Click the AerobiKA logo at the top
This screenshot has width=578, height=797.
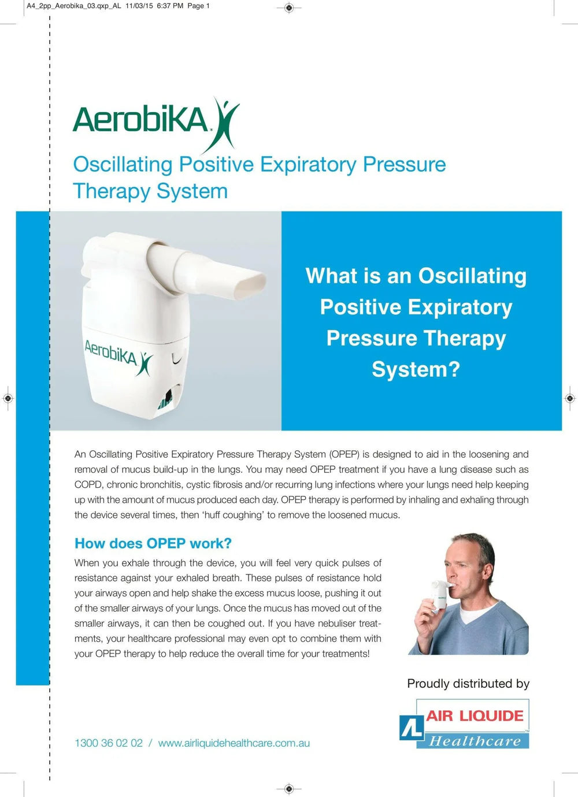pos(155,121)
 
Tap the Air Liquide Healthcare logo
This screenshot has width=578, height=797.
pos(464,725)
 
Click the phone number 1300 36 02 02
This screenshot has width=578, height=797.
pos(109,743)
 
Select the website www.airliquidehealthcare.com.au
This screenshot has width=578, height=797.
pos(234,743)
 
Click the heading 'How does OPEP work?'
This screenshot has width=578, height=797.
pos(153,543)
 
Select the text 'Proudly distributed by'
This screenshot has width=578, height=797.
pos(468,684)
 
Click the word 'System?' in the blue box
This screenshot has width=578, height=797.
pos(416,369)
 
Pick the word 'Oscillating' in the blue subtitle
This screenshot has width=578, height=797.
pos(123,165)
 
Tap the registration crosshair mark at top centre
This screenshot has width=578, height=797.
pos(290,8)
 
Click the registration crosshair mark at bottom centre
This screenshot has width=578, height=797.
pos(290,788)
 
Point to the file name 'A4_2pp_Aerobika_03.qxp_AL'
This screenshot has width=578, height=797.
pos(74,6)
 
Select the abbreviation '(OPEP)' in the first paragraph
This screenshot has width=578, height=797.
pos(344,454)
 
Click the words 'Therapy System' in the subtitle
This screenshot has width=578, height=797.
pos(150,191)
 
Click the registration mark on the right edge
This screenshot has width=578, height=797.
pos(570,398)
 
